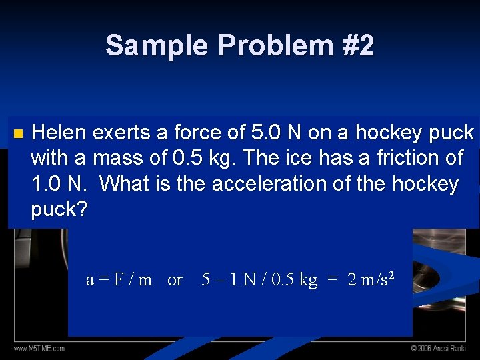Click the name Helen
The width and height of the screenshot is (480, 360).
59,133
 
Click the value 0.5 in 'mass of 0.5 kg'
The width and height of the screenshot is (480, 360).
190,159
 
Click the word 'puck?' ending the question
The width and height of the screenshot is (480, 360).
59,209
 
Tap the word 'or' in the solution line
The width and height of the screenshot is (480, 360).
175,280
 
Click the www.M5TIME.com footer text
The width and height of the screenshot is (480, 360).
39,349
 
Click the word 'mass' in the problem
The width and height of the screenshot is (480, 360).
117,159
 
